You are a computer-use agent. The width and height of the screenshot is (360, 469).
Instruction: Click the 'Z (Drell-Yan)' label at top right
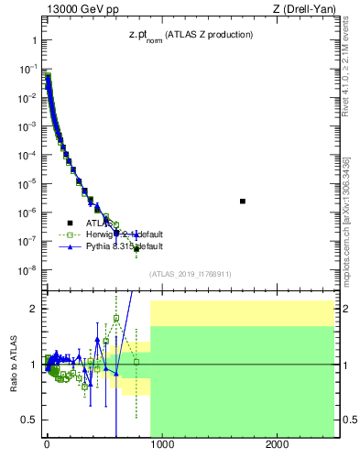(x=303, y=11)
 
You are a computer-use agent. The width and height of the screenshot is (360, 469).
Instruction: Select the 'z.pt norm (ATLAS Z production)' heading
(x=191, y=35)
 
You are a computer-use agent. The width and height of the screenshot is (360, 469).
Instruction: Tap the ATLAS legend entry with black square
(x=91, y=223)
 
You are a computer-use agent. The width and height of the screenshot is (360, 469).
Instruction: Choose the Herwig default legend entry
(x=115, y=234)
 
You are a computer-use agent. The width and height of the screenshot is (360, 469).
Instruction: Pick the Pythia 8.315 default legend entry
(x=115, y=246)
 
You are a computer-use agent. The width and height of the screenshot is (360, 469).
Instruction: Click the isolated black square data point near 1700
(x=243, y=201)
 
